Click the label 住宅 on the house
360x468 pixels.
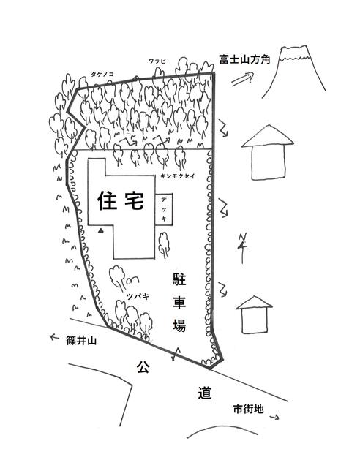coord(121,200)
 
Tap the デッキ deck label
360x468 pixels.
coord(164,208)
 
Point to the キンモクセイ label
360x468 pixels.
coord(178,176)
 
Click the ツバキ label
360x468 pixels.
coord(138,297)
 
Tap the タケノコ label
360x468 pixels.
coord(102,75)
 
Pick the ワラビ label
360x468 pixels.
coord(157,61)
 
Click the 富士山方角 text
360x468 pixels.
coord(244,59)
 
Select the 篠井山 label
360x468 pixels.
coord(81,341)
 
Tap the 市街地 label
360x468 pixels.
coord(249,409)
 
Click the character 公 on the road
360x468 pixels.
coord(143,367)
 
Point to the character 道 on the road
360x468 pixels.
coord(205,393)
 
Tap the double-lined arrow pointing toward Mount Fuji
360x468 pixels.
coord(242,79)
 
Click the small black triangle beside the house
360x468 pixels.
coord(101,230)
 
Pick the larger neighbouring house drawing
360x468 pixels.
coord(268,153)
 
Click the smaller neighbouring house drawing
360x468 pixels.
coord(254,314)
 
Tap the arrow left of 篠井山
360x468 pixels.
coord(54,337)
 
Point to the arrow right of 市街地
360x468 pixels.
coord(274,418)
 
